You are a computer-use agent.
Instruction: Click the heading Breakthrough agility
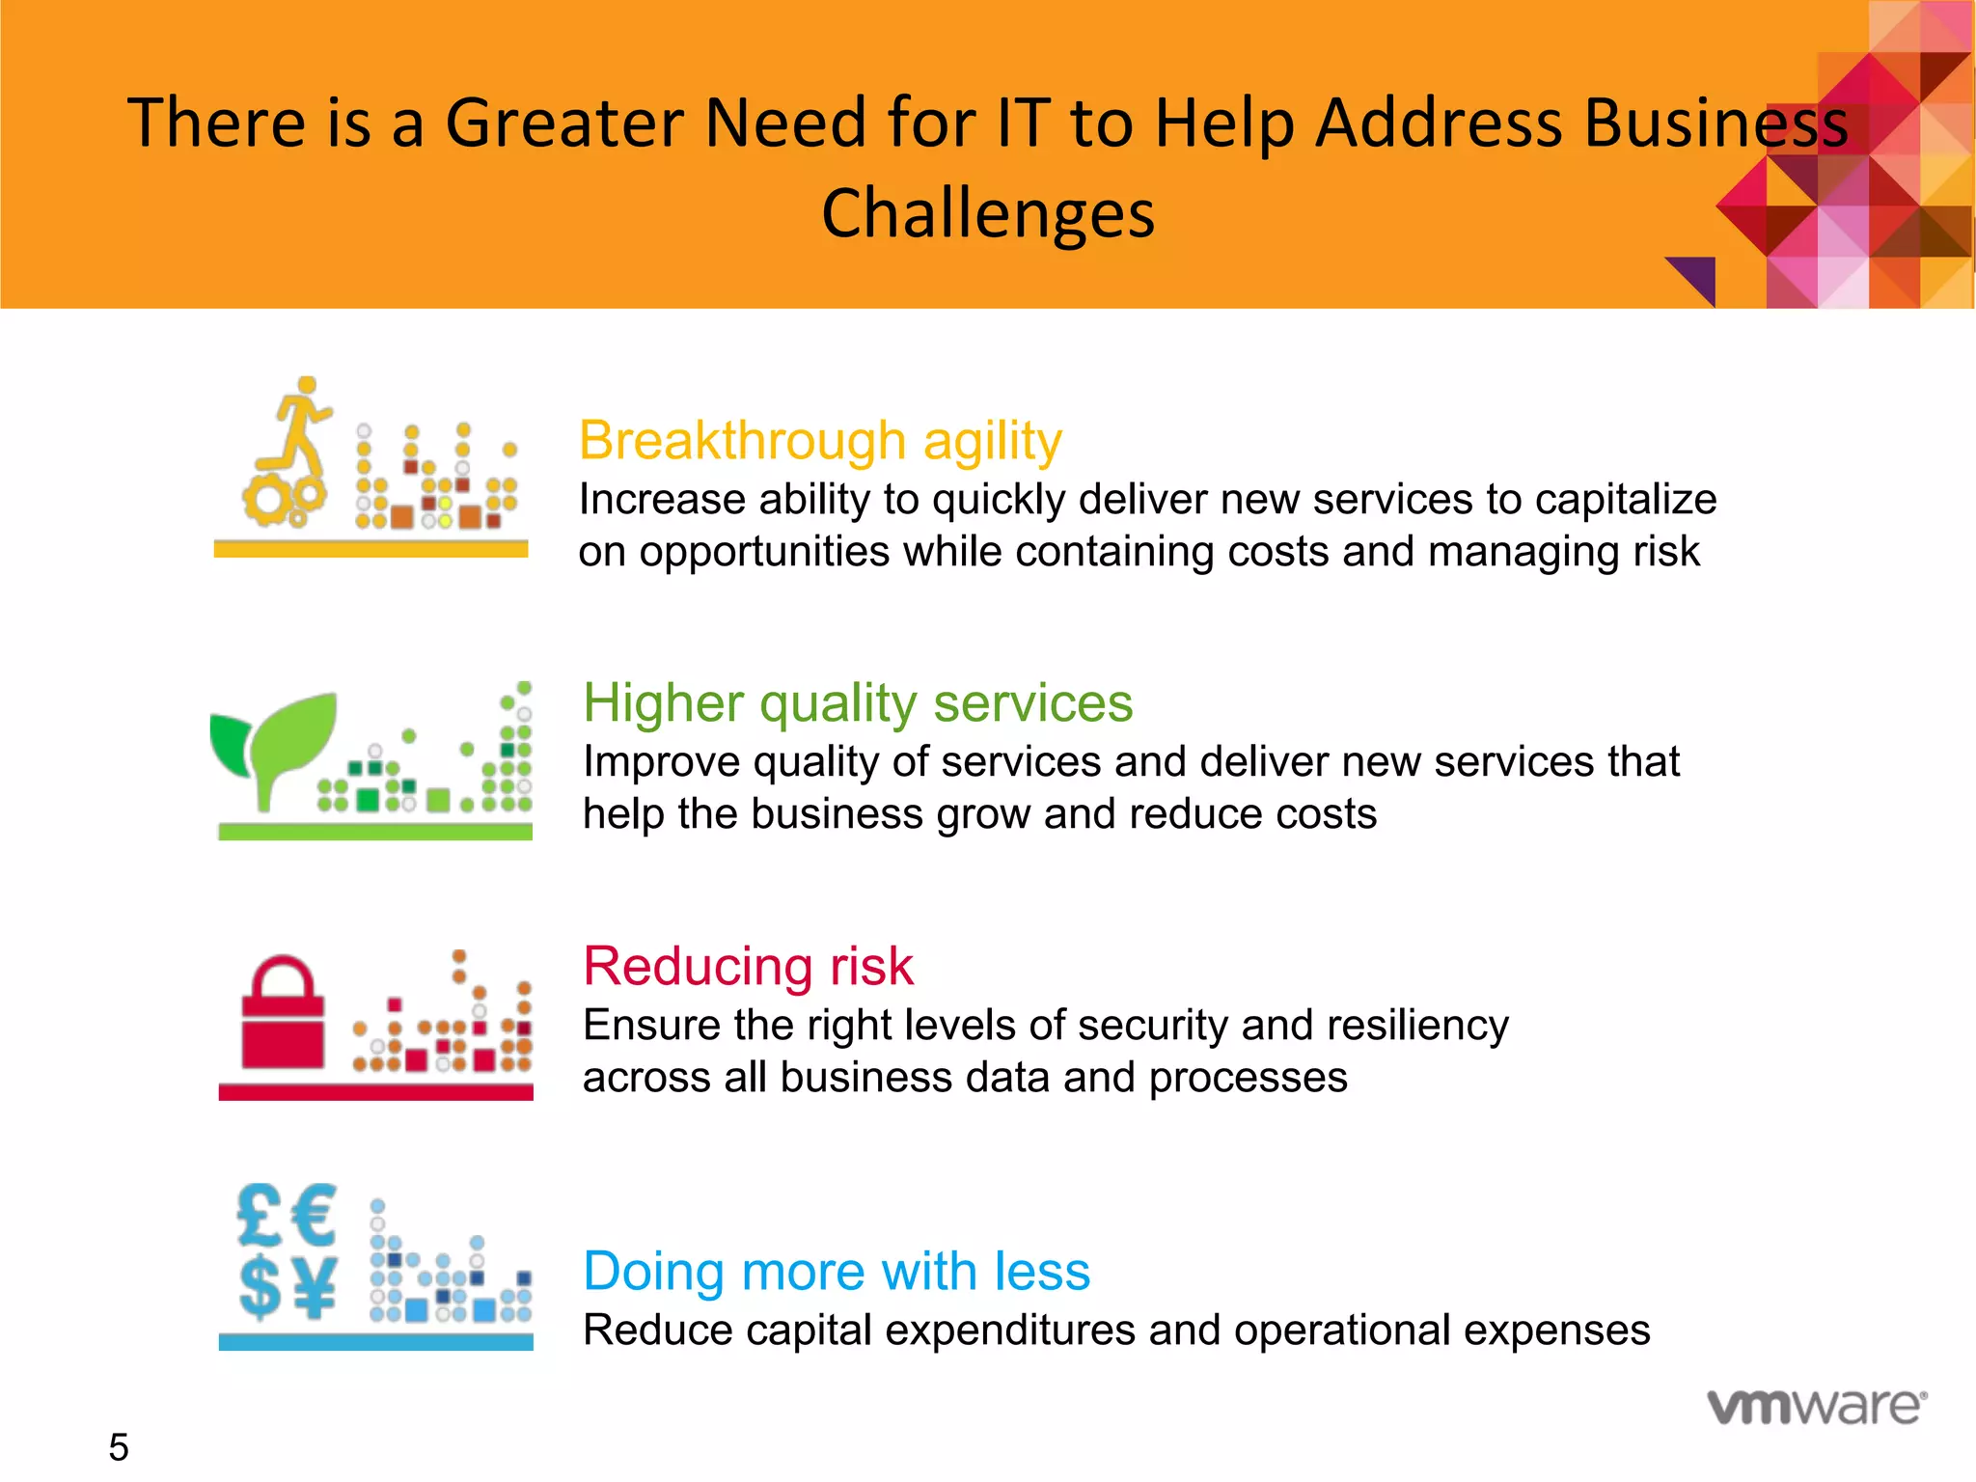820,442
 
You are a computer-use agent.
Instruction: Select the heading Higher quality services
858,702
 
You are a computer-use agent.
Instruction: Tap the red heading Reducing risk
748,966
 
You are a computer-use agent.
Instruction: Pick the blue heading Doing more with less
837,1271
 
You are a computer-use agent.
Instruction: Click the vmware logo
1817,1407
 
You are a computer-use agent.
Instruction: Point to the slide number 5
118,1447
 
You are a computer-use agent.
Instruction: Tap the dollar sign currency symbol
260,1287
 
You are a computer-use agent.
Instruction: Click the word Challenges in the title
987,213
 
